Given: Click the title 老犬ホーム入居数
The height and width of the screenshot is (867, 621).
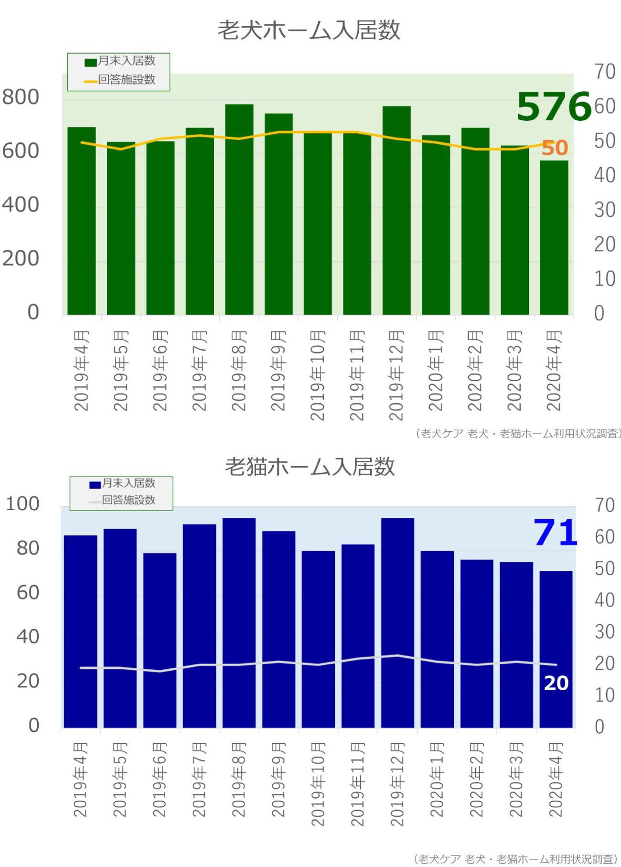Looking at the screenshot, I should tap(309, 30).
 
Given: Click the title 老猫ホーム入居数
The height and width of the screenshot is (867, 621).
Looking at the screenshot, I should tap(310, 466).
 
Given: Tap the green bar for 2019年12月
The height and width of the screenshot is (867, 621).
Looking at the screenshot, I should tap(396, 210).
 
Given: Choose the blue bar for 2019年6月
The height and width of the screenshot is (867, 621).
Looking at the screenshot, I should tap(160, 640).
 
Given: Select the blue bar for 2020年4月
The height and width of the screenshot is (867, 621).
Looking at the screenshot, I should tap(556, 649).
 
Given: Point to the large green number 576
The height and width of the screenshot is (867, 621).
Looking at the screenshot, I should tap(554, 107).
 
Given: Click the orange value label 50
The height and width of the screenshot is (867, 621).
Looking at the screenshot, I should tap(555, 148).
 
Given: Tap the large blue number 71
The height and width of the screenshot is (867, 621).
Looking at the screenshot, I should tap(555, 533).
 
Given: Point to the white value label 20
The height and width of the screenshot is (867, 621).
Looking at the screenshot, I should tap(556, 683).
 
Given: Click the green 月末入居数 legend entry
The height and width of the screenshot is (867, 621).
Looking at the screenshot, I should tap(120, 61).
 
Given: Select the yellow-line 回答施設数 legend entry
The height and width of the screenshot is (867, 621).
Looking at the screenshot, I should tap(120, 80).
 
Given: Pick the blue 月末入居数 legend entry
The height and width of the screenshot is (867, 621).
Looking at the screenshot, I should tap(123, 483).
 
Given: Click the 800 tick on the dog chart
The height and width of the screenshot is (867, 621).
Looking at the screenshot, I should tap(21, 97).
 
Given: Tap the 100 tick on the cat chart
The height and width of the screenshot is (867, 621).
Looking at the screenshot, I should tap(22, 504).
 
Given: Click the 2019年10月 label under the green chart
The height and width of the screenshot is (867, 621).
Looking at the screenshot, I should tap(317, 375).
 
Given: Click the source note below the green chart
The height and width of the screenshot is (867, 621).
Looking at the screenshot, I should tap(518, 433).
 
